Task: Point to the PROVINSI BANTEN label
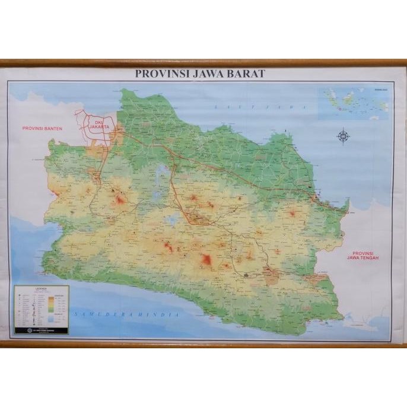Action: [43, 128]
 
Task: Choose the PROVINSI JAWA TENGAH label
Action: [364, 254]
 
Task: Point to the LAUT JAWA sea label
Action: [262, 107]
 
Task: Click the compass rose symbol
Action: [343, 136]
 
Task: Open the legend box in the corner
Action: [42, 310]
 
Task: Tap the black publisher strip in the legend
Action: [42, 329]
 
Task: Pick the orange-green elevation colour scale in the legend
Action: [59, 303]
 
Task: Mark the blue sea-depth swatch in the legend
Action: [59, 317]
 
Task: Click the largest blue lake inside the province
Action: [161, 173]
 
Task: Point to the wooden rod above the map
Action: [203, 62]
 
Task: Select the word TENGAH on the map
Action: [364, 258]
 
